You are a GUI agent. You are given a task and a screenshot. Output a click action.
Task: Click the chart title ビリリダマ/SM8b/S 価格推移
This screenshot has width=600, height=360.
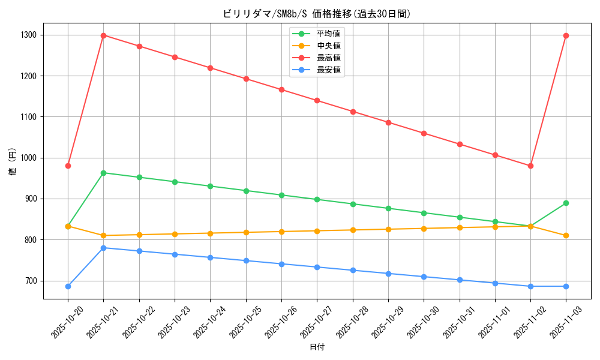(x=317, y=14)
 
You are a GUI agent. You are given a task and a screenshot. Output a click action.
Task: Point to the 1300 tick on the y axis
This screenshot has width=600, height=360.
(x=28, y=35)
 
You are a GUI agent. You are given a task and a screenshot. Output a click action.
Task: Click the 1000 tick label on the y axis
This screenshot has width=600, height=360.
(x=28, y=158)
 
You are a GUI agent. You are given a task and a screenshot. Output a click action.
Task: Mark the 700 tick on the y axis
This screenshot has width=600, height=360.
(x=30, y=281)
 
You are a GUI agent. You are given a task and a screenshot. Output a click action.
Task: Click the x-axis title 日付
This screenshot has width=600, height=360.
(x=317, y=347)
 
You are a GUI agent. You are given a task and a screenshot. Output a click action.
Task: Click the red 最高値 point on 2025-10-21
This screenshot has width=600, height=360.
(x=103, y=35)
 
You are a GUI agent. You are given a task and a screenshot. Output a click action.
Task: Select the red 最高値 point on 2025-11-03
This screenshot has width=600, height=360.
(x=566, y=35)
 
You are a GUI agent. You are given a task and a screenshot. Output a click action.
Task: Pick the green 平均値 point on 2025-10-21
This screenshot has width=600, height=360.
(x=103, y=173)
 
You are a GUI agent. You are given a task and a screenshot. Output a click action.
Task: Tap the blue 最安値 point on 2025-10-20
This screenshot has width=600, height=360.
(x=68, y=286)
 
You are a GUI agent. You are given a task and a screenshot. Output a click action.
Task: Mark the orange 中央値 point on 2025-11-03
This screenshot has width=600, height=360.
(x=566, y=235)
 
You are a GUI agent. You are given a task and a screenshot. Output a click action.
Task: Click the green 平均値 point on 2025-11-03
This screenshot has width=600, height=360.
(x=566, y=203)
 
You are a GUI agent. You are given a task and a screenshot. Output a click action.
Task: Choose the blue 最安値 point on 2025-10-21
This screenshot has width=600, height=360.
(x=103, y=248)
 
